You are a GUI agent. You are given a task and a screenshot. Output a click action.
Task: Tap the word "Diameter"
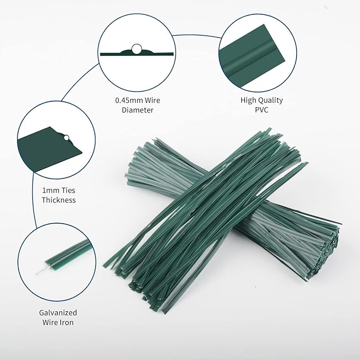point(137,110)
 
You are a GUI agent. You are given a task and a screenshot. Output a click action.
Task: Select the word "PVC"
point(261,110)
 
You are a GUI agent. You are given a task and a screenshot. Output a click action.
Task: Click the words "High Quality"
point(261,100)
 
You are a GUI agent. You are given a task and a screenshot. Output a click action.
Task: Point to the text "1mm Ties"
point(58,190)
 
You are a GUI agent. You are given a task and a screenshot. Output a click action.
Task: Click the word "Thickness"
point(58,200)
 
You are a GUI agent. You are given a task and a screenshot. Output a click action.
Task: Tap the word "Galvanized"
point(58,313)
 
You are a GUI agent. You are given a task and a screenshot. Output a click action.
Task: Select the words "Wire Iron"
point(58,323)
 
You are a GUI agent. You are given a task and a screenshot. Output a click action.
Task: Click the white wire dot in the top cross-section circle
point(136,50)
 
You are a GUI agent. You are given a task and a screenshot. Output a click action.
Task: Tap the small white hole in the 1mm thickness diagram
point(66,138)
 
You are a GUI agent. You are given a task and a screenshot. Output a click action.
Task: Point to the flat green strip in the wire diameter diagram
point(159,54)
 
